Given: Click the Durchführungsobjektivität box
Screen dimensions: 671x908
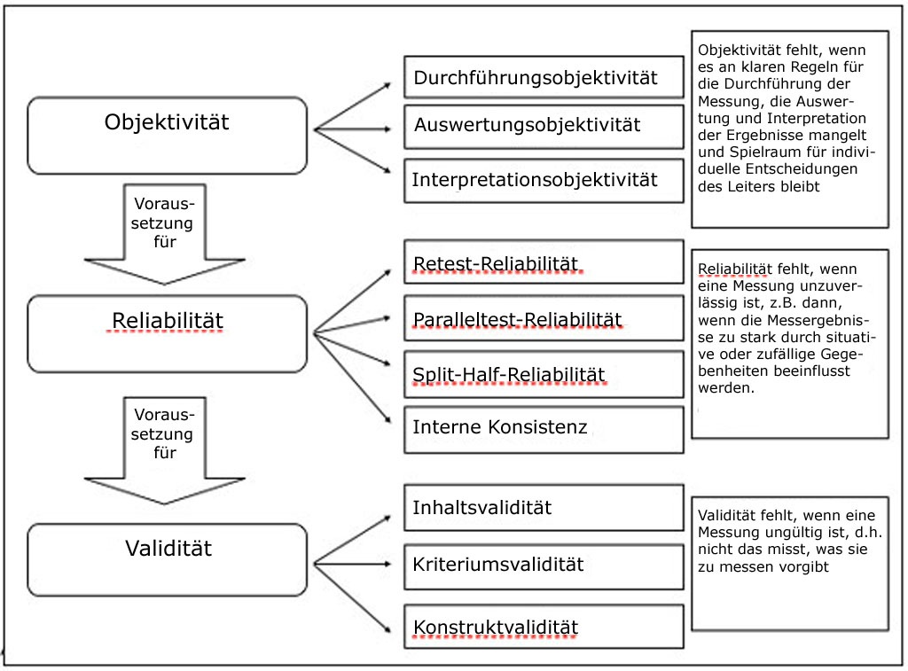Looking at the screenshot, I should pos(544,78).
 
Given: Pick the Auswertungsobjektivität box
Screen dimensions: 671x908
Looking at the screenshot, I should pos(544,126).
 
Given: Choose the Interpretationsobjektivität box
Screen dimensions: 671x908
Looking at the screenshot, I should pos(544,181).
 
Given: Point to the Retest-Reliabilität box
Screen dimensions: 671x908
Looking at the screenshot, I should pos(544,262).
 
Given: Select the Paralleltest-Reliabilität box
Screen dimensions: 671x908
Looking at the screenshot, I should pos(544,318).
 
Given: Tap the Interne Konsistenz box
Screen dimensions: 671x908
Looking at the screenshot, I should pos(544,429).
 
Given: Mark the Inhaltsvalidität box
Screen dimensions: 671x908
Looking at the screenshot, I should pos(544,508).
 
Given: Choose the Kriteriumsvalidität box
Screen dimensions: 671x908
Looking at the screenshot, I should pos(544,565).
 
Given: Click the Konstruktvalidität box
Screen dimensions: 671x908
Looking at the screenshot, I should pos(544,628).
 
